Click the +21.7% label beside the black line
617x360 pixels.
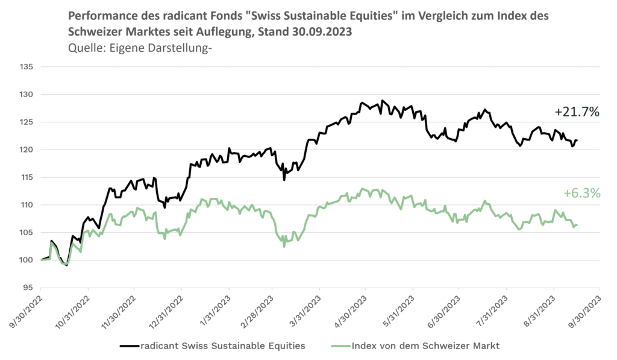[x=577, y=112]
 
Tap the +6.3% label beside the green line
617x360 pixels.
[x=582, y=193]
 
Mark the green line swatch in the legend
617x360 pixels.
[x=341, y=346]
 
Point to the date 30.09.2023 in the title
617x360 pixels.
[x=331, y=31]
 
